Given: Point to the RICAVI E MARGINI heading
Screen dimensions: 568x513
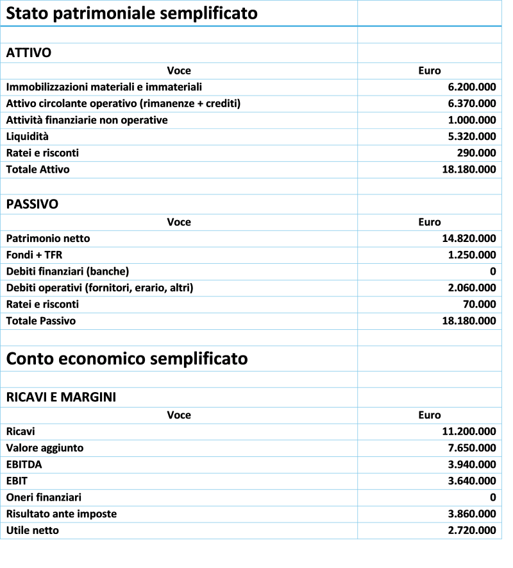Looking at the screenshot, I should coord(62,397).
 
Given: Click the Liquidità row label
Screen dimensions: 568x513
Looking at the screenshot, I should coord(29,137).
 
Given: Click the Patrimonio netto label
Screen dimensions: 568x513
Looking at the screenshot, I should coord(49,238).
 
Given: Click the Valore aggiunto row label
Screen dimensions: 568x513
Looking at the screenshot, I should coord(45,448).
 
